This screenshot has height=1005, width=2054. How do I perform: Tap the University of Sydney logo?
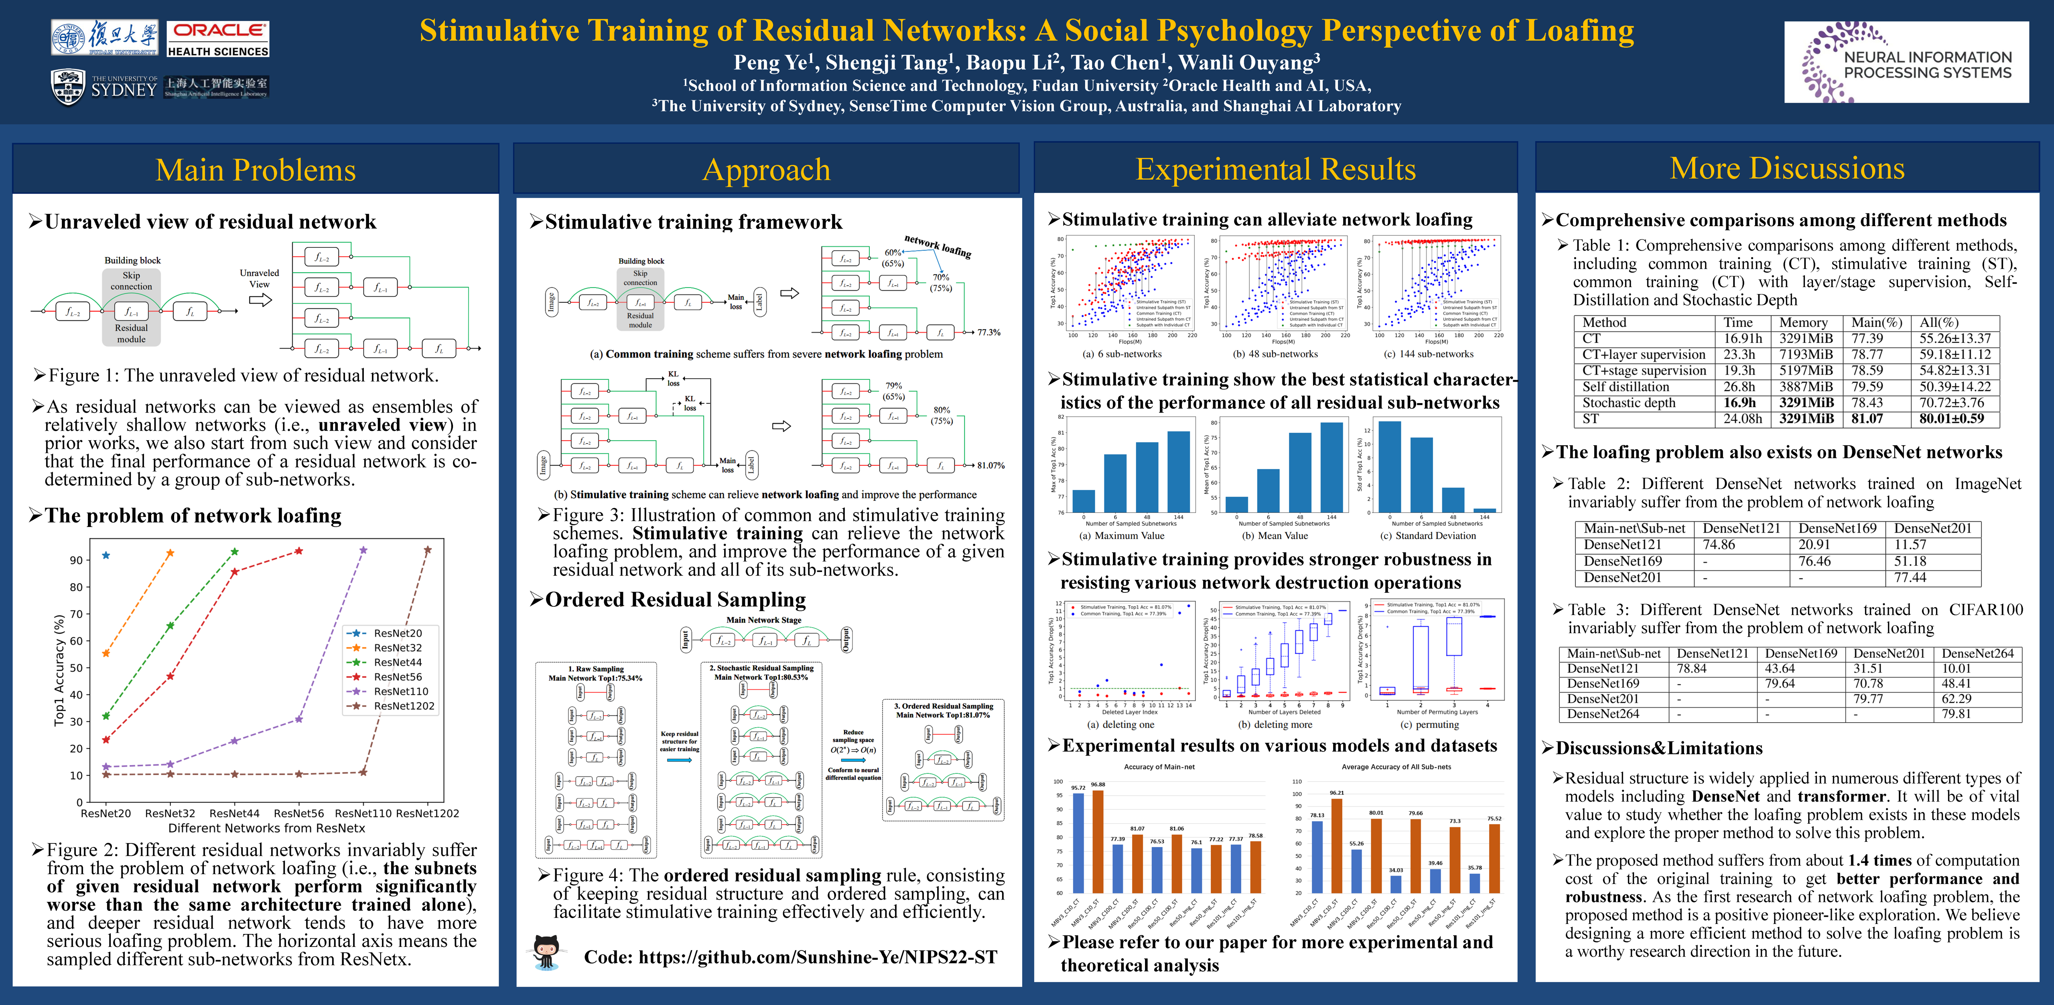(x=104, y=86)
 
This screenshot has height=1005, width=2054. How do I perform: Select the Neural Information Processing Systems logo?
(x=1906, y=62)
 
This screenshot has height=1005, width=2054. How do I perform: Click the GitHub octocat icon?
(x=547, y=952)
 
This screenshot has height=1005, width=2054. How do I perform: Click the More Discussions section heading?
(x=1787, y=168)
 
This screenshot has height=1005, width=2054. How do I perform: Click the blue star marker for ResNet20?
(x=106, y=555)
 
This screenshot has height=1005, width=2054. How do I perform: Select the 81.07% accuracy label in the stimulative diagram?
(x=990, y=466)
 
